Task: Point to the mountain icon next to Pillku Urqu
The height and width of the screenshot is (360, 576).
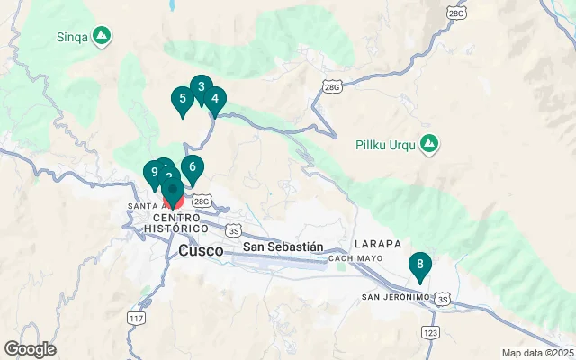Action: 430,142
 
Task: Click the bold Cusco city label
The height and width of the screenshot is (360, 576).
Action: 202,251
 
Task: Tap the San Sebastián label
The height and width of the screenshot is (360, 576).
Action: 283,246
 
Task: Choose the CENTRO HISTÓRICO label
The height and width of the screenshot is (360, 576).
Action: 177,223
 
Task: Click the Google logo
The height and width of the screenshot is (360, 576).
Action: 30,349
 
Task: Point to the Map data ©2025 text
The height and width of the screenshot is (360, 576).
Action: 537,353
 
